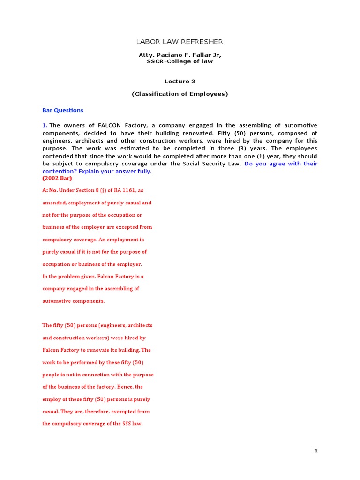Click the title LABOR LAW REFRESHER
tap(180, 42)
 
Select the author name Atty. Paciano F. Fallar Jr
tap(180, 55)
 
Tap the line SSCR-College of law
tap(180, 61)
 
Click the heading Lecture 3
tap(180, 81)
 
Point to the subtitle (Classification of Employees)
tap(180, 94)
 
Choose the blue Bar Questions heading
tap(63, 110)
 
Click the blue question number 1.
tap(45, 125)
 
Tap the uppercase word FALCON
tap(109, 125)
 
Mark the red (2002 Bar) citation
tap(57, 179)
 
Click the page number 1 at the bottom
tap(316, 451)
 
